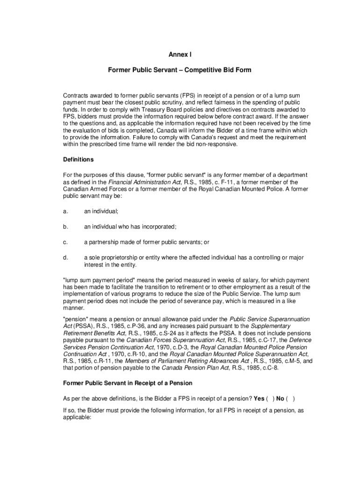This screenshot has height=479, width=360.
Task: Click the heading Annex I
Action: point(180,54)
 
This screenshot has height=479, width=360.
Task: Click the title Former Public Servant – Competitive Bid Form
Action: point(180,70)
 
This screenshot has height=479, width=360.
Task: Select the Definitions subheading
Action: point(78,160)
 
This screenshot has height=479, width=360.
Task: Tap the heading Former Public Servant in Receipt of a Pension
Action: point(128,383)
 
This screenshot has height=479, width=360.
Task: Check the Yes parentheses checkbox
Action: point(270,399)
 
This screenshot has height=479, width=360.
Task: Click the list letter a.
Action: point(65,211)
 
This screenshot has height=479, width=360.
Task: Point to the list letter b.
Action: point(65,227)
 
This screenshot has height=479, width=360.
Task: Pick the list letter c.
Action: point(65,242)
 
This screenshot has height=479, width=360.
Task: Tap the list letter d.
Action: point(65,257)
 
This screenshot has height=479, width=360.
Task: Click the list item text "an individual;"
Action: point(101,211)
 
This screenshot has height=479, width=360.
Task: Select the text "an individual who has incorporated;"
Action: point(130,227)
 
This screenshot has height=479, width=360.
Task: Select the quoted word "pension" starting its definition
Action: point(75,319)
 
